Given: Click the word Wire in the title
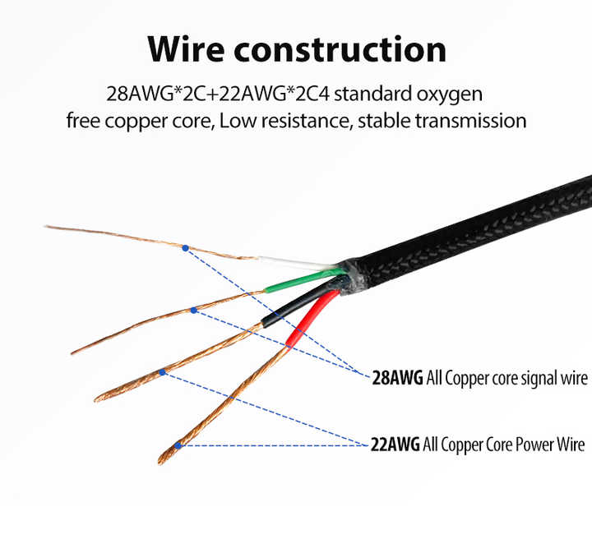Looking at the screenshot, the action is click(x=186, y=49).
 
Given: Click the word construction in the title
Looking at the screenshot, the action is click(x=340, y=50).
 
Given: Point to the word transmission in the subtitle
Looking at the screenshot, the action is click(x=471, y=121).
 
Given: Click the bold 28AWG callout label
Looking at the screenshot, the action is click(x=398, y=378).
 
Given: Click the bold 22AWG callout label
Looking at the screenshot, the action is click(x=395, y=445).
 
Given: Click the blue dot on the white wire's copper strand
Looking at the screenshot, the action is click(x=185, y=248).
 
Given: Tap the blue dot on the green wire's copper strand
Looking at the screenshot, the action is click(x=194, y=311).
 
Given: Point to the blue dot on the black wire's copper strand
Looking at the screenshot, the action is click(x=162, y=372).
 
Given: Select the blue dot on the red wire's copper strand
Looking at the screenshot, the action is click(x=178, y=445).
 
